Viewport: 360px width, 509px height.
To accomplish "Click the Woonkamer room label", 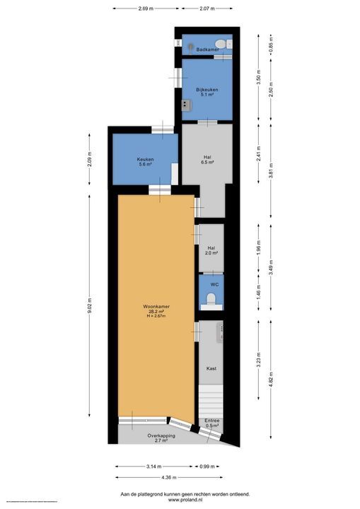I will (156, 306).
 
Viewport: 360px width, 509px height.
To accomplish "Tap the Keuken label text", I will (146, 159).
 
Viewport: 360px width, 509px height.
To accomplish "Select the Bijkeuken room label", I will (207, 90).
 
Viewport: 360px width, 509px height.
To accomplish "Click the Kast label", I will (211, 368).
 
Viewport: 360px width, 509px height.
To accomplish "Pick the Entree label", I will (212, 421).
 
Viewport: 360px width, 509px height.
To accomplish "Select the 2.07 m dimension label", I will (207, 9).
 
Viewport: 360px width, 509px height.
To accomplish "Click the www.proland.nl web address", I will (179, 499).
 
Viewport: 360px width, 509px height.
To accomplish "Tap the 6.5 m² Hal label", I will (207, 160).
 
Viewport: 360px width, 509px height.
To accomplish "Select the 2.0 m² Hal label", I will (211, 250).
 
